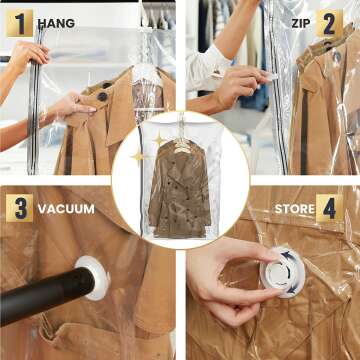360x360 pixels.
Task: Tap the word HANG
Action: pyautogui.click(x=56, y=23)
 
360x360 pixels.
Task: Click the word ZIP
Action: pyautogui.click(x=301, y=23)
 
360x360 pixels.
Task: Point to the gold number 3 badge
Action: pyautogui.click(x=19, y=208)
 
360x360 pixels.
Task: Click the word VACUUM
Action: pyautogui.click(x=66, y=209)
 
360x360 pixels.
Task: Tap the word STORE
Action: pyautogui.click(x=295, y=209)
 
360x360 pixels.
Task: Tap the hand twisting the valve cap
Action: pyautogui.click(x=225, y=285)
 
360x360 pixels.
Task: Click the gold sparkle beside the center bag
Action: pyautogui.click(x=140, y=157)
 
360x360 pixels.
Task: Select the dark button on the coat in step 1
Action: pyautogui.click(x=102, y=96)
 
